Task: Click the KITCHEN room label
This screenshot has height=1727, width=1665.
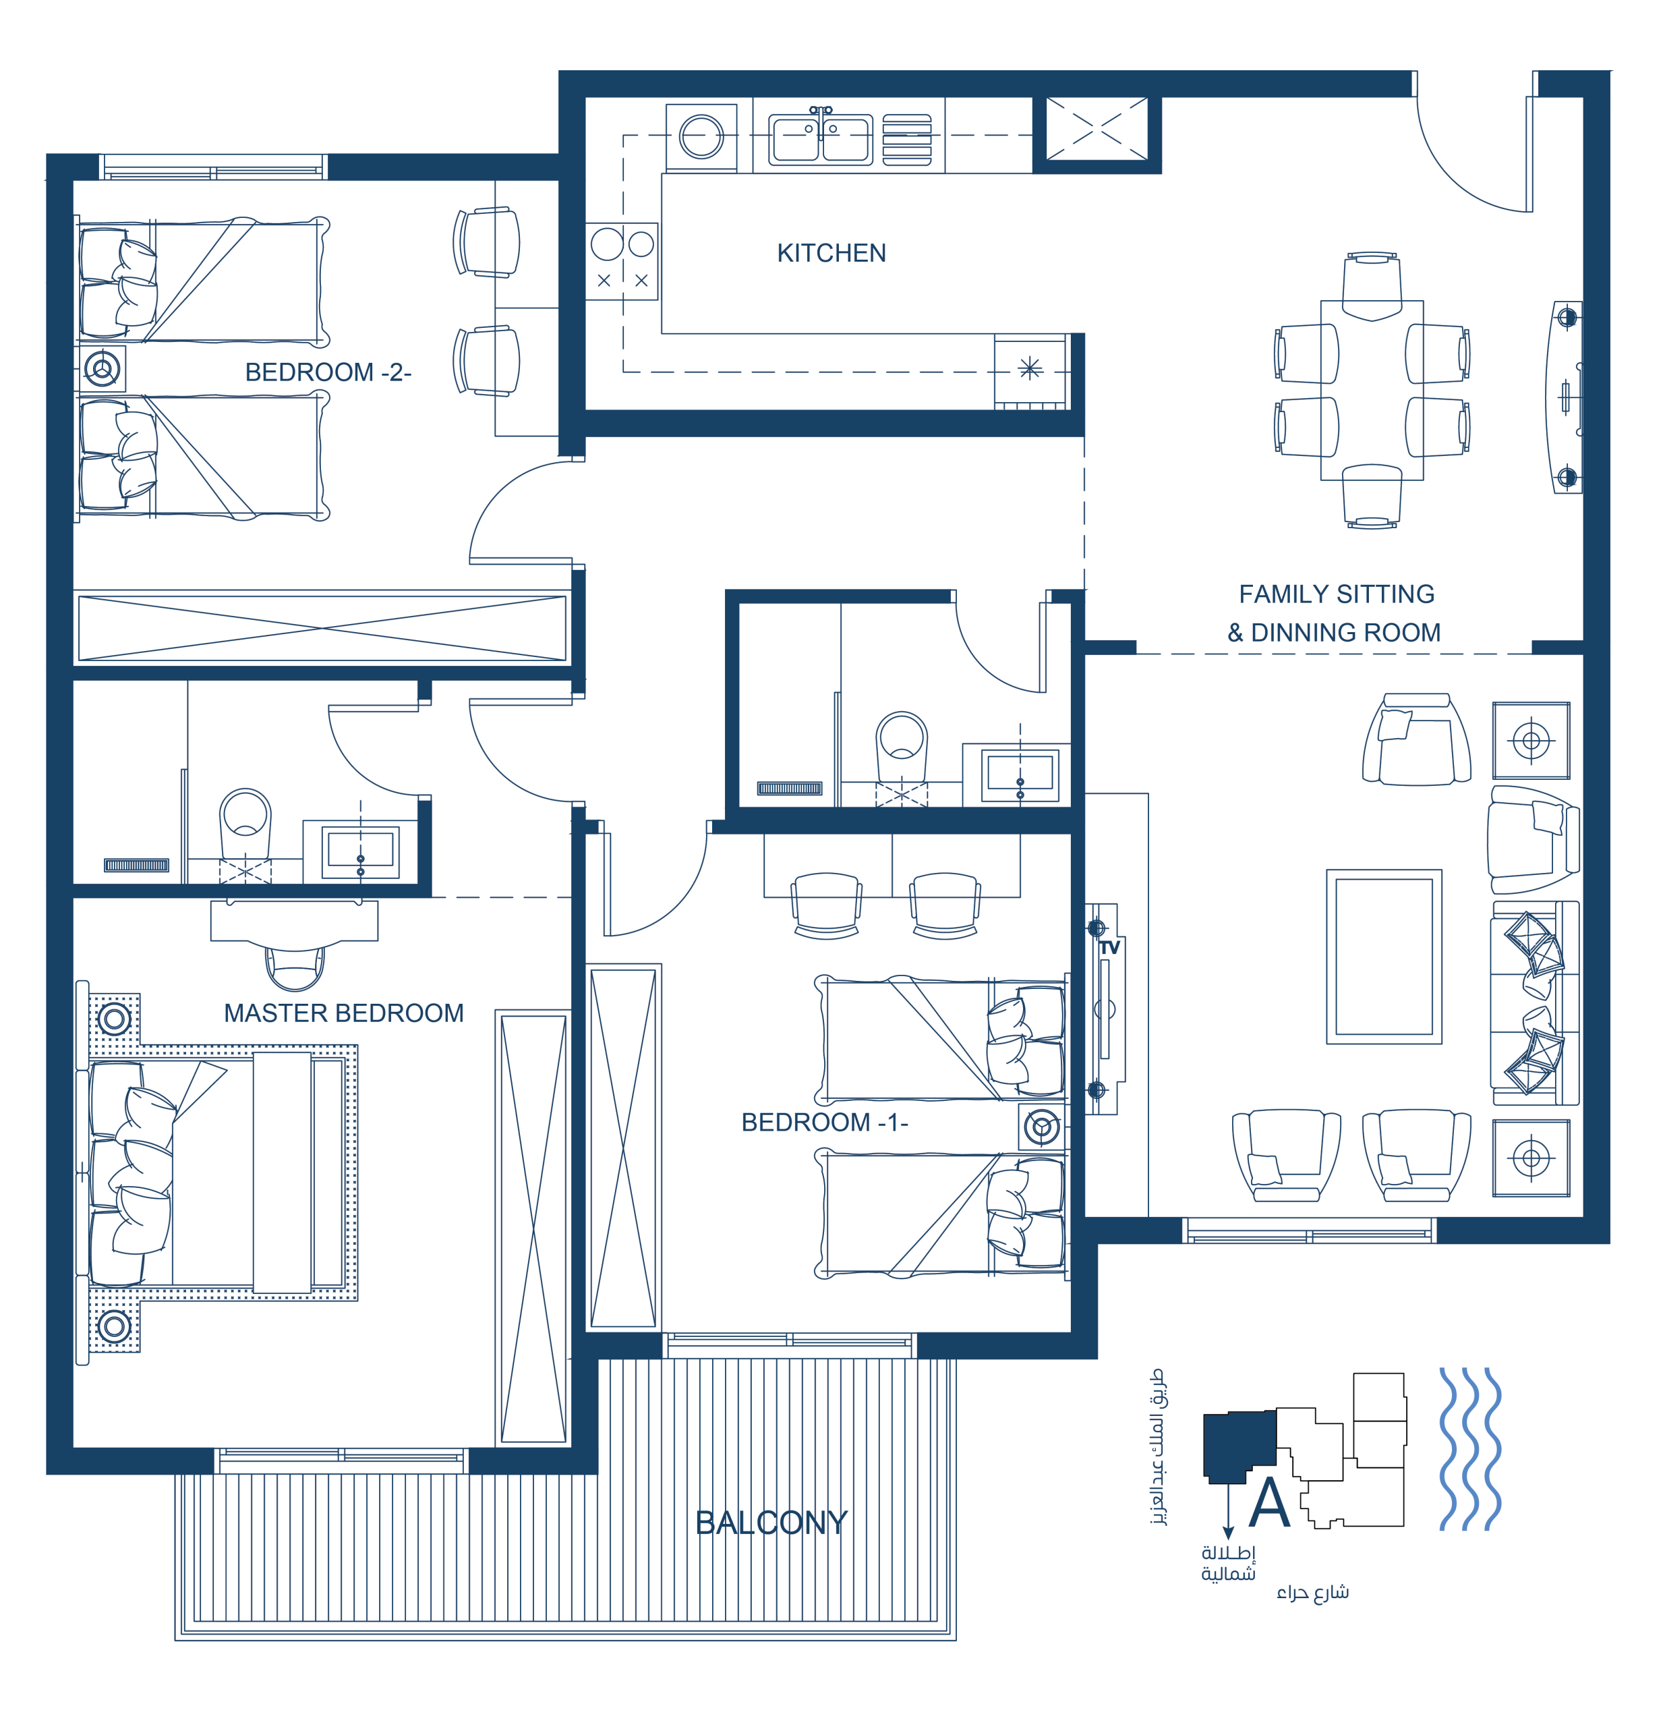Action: [831, 254]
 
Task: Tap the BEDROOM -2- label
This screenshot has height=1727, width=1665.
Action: [328, 372]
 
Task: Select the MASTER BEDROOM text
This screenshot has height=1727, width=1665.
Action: [343, 1013]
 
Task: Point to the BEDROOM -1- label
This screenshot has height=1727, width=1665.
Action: [825, 1123]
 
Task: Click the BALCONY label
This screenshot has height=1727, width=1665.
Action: [771, 1523]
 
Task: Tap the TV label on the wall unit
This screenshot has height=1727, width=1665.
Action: [1109, 948]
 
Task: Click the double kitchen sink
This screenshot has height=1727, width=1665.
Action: [820, 138]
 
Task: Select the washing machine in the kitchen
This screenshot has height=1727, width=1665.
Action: [701, 136]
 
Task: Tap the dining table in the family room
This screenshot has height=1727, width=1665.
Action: [1372, 391]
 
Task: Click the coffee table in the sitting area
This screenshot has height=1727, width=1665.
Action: [1384, 957]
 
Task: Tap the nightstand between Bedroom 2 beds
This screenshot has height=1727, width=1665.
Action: [103, 368]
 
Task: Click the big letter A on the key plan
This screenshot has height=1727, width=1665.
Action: [1269, 1502]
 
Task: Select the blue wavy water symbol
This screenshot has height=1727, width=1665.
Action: [1470, 1448]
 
